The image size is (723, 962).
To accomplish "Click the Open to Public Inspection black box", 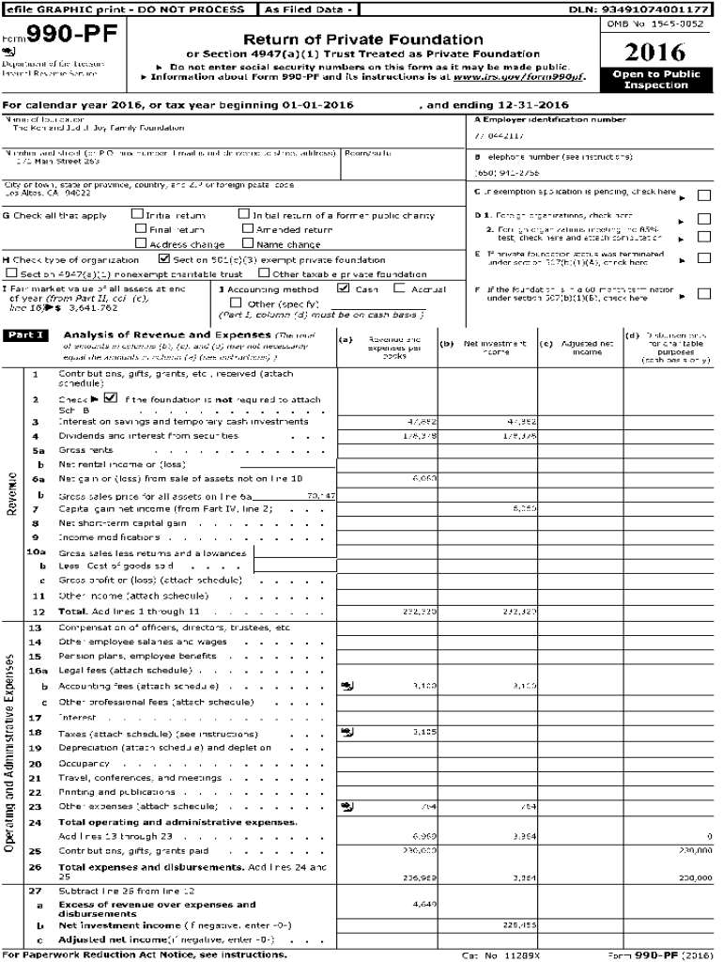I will point(655,80).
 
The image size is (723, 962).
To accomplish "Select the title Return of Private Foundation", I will point(363,39).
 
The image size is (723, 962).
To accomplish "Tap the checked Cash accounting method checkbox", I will point(344,289).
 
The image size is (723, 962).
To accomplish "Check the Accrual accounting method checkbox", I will point(399,289).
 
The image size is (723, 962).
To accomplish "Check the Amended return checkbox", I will point(248,229).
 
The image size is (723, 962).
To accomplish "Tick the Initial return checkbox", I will point(138,215).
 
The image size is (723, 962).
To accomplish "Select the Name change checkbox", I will point(248,243).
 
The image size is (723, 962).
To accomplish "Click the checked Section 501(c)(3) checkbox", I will point(164,259).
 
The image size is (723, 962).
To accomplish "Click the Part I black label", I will point(25,335).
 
